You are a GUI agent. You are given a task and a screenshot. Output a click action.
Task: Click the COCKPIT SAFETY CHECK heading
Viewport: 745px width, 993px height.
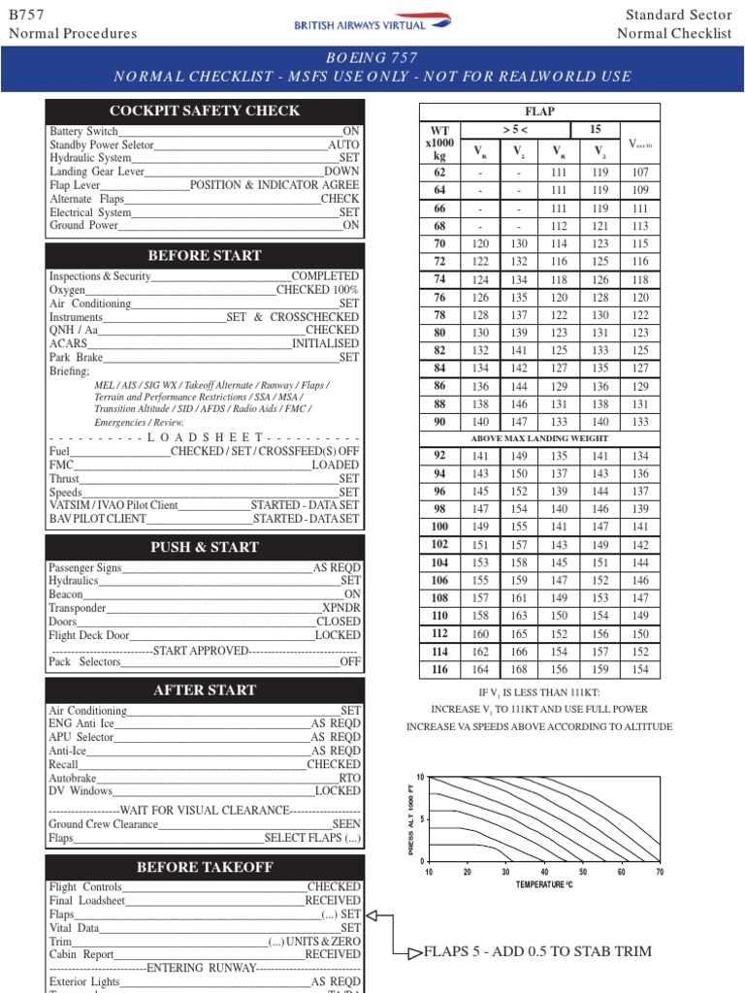click(205, 111)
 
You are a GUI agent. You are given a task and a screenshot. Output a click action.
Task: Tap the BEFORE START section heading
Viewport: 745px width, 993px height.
click(205, 256)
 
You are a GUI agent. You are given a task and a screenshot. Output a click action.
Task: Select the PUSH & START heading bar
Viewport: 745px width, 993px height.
click(205, 547)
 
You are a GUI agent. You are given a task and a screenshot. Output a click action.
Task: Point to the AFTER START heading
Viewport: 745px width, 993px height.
click(205, 690)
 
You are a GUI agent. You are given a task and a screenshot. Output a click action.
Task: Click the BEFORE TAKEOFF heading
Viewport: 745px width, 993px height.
click(205, 867)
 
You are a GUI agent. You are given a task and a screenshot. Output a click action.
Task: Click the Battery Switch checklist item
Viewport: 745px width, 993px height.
click(84, 131)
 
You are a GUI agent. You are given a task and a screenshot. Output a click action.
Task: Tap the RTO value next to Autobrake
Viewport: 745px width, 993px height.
click(349, 778)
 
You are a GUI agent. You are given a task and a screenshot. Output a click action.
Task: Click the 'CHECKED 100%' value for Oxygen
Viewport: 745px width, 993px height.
click(317, 290)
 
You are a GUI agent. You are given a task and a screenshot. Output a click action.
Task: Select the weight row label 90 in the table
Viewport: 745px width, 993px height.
click(439, 422)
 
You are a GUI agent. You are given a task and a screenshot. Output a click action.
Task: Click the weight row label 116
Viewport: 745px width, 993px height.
click(439, 670)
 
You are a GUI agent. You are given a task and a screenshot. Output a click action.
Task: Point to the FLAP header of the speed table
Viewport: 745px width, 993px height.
click(539, 112)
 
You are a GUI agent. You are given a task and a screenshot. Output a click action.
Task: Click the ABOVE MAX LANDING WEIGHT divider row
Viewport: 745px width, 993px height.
click(539, 438)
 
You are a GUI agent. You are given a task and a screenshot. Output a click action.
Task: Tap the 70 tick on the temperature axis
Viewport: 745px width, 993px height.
click(660, 872)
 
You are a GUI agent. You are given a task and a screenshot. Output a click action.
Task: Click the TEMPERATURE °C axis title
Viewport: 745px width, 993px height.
click(544, 884)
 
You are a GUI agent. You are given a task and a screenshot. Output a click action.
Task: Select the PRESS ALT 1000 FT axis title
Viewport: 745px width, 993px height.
click(410, 819)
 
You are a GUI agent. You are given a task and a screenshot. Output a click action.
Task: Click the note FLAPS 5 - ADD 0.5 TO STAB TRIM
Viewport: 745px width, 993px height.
click(537, 951)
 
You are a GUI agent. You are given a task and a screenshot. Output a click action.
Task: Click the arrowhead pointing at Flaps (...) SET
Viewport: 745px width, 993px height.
click(374, 914)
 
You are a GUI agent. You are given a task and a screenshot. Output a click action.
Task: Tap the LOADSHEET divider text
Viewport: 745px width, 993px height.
click(205, 437)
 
